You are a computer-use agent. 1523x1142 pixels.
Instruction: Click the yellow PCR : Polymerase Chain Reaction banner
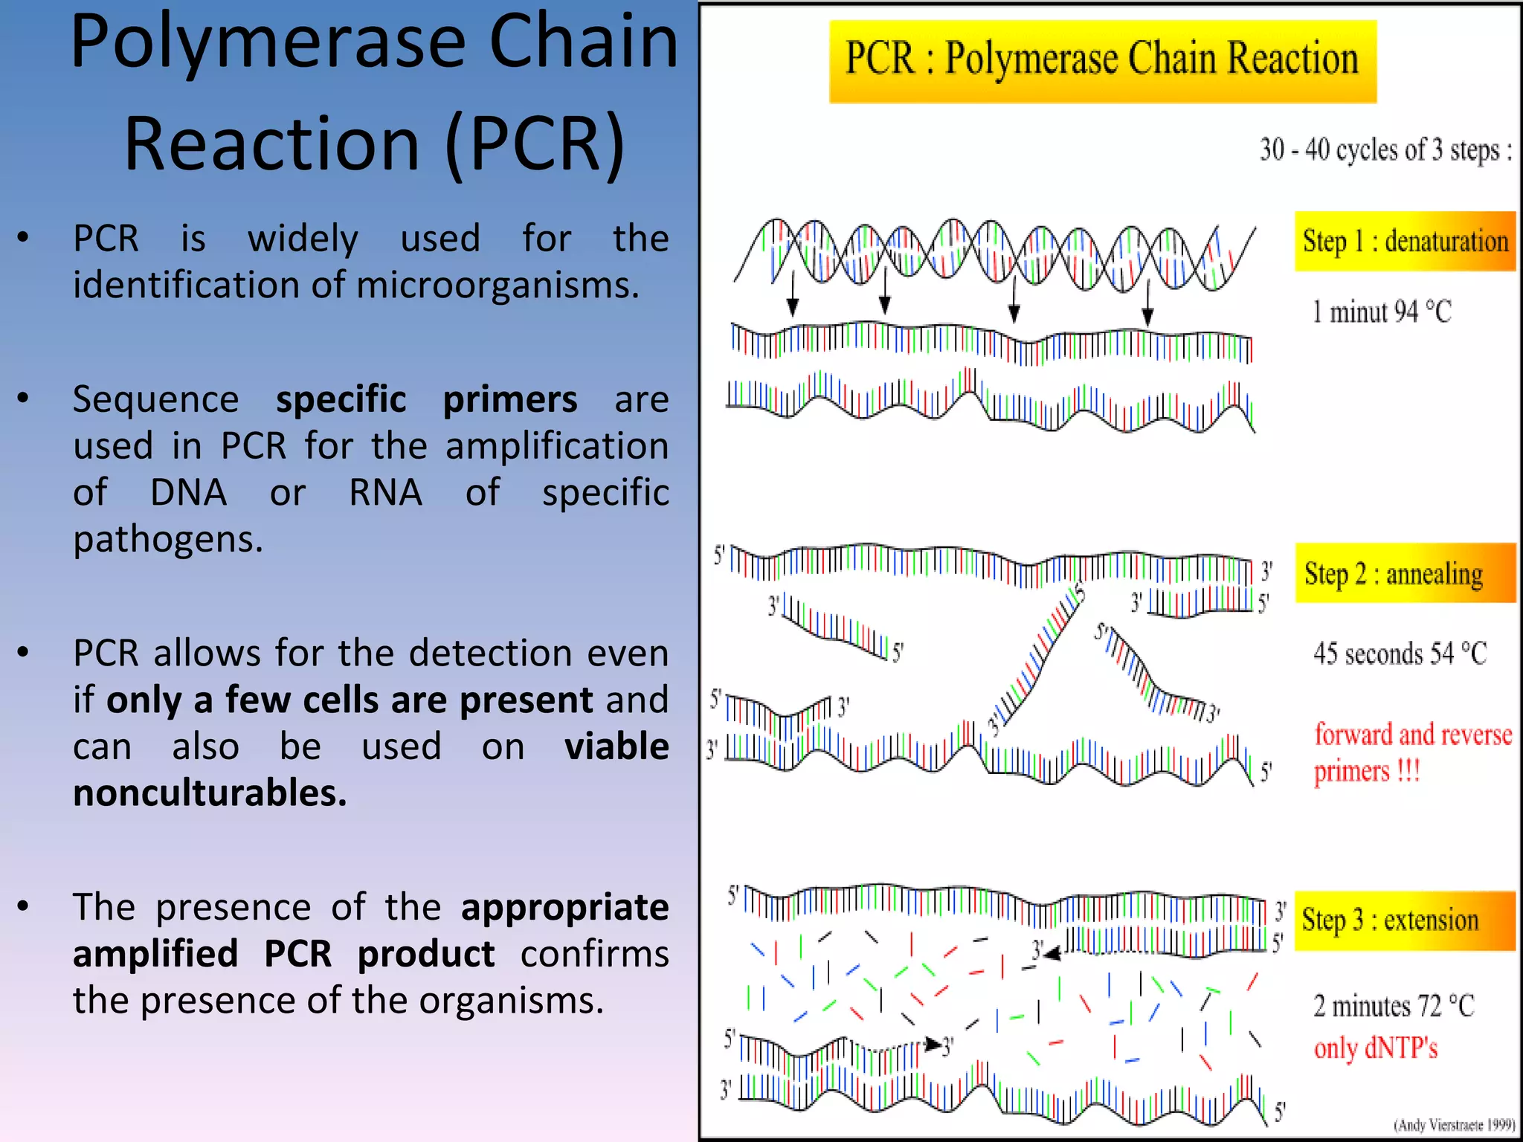(1102, 60)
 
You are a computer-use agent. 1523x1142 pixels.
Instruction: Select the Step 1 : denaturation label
(1404, 241)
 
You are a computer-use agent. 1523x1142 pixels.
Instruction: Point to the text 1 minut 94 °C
(1382, 312)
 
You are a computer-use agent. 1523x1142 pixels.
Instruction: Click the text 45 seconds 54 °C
(1400, 654)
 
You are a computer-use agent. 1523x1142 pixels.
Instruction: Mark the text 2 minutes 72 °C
(1394, 1006)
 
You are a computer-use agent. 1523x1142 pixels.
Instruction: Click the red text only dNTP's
(1376, 1048)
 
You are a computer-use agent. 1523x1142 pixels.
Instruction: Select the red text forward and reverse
(1413, 735)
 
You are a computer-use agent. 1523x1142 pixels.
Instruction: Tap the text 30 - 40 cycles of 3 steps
(1385, 150)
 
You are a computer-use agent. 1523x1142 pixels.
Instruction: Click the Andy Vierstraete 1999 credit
(1454, 1125)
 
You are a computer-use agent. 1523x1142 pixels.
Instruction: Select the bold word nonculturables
(210, 793)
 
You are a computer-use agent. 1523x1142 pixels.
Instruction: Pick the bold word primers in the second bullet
(510, 400)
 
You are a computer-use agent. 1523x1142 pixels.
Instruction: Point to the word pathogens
(168, 539)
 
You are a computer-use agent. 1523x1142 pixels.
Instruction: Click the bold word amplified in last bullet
(155, 954)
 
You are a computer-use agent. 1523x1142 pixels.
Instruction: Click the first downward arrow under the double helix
(793, 294)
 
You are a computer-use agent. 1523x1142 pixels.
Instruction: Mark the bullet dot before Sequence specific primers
(24, 399)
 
